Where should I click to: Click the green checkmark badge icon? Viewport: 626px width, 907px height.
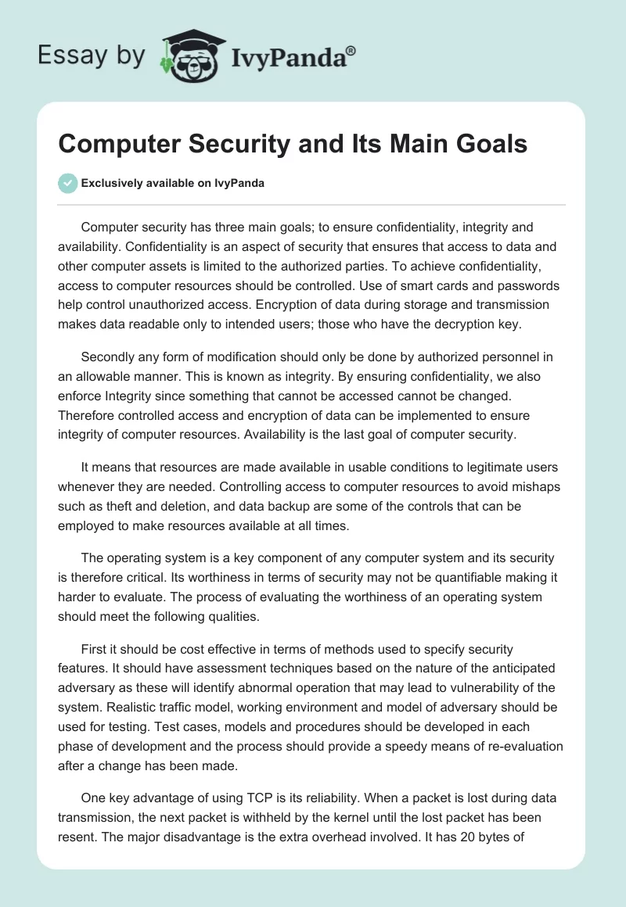pyautogui.click(x=68, y=184)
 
